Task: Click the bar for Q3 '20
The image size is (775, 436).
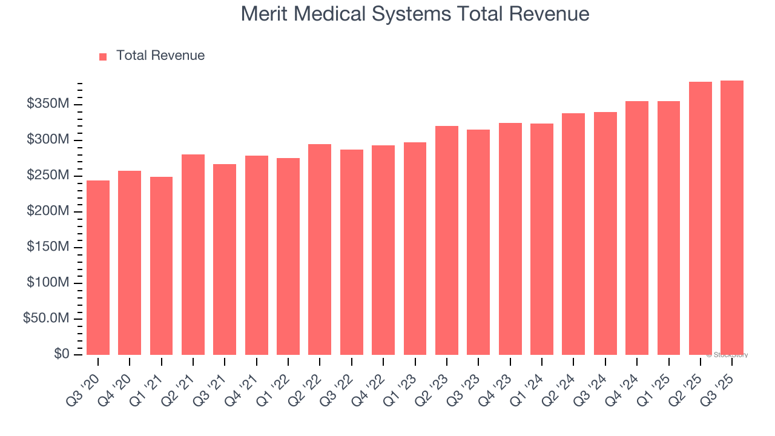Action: pos(98,267)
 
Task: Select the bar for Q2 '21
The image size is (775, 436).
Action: pos(193,254)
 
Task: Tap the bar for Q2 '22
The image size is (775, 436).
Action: pos(320,249)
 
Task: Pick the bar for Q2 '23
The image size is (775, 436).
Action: pos(447,240)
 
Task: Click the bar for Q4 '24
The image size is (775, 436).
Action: pos(637,228)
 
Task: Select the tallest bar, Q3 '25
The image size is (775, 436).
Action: pos(732,217)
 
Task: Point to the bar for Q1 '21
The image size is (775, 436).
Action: pos(161,265)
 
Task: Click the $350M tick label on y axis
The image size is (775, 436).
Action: pos(48,104)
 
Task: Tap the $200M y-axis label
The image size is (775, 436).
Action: pos(48,211)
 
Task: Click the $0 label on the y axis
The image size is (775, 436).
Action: pos(61,354)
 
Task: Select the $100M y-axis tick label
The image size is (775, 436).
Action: pos(48,283)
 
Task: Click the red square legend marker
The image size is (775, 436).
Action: pos(103,56)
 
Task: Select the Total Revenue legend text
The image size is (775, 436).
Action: pos(160,56)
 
